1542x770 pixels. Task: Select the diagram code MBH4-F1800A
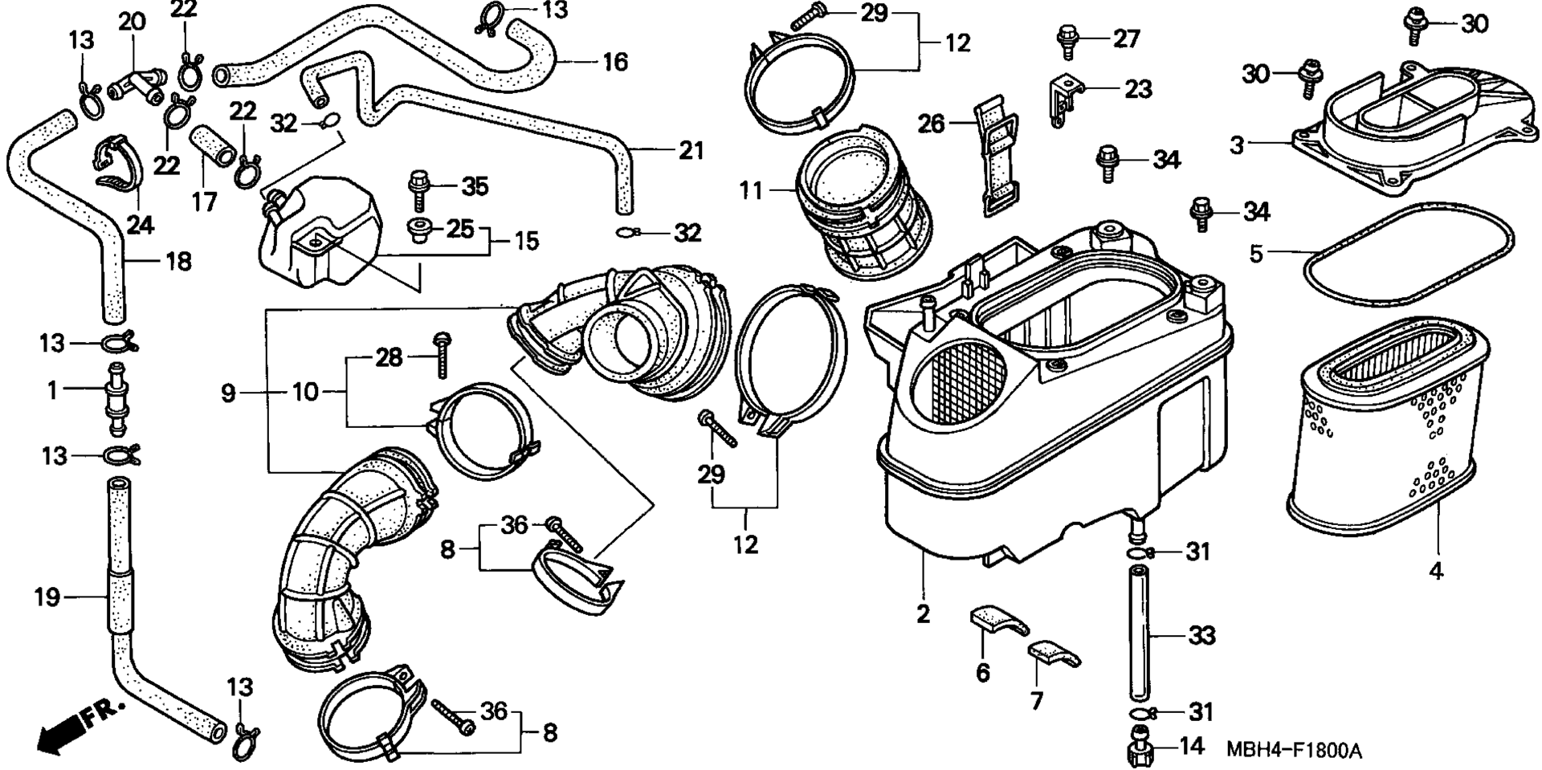tap(1294, 751)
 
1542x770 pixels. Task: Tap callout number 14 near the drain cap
tap(1193, 746)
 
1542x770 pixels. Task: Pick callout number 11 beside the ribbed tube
tap(752, 192)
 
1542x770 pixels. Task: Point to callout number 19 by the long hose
tap(47, 597)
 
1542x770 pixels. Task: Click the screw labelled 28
tap(442, 354)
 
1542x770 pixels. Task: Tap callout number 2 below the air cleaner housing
tap(923, 613)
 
